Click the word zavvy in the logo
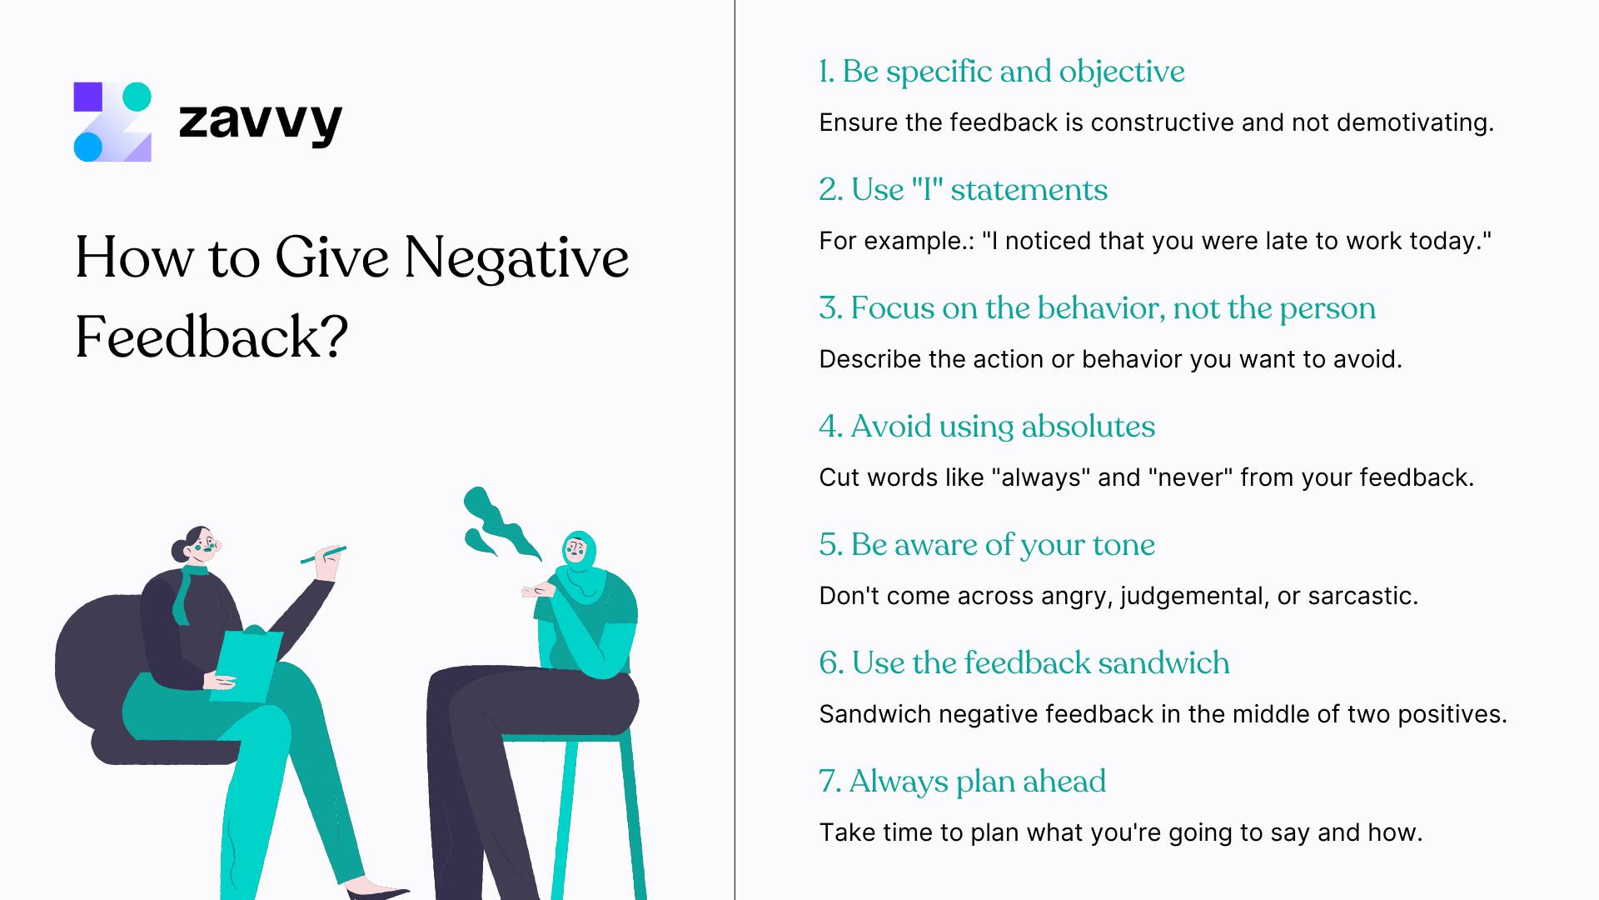[260, 122]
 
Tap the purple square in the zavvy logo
[88, 97]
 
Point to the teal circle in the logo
[137, 97]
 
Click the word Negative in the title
[516, 258]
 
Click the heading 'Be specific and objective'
[1013, 72]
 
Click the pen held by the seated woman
[323, 554]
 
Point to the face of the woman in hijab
[575, 550]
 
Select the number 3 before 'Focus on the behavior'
[829, 308]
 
